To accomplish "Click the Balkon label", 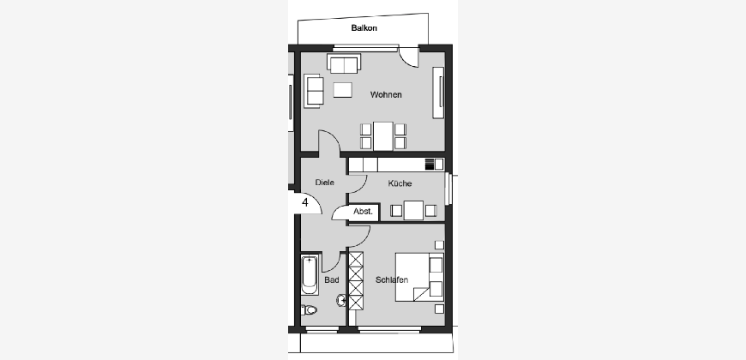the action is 364,28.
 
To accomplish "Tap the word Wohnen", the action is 386,94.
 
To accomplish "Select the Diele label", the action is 324,182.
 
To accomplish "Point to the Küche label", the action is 400,183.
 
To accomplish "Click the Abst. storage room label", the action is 363,212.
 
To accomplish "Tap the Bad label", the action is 332,280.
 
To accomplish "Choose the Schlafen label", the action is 392,279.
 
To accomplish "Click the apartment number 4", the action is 305,202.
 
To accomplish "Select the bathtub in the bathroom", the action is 310,275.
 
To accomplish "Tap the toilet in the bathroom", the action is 309,310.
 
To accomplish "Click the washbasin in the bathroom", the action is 341,300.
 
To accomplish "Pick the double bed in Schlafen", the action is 419,277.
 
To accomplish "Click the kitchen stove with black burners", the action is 430,165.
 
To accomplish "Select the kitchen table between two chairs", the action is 413,210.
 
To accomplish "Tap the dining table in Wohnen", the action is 383,136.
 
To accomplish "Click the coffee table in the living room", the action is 342,90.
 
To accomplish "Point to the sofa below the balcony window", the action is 344,63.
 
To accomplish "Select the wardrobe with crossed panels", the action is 356,280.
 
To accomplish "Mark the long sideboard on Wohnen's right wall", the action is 438,93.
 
